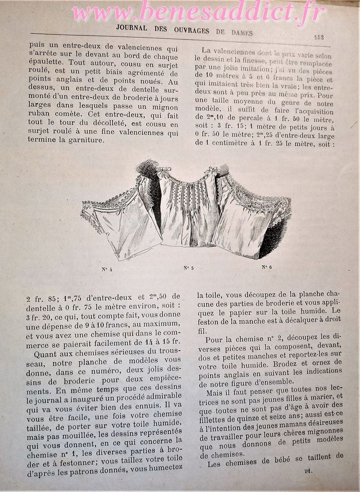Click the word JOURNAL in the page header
(132, 28)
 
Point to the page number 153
(318, 37)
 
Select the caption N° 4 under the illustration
(107, 269)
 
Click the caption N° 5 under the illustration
(188, 268)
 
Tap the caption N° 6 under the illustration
(267, 267)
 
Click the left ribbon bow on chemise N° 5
(166, 171)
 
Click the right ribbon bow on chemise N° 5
(211, 170)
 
